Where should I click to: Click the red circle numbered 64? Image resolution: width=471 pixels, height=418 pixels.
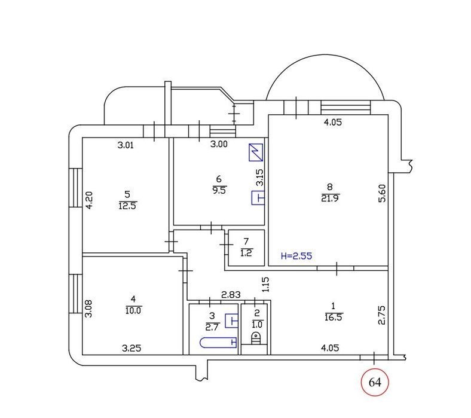pos(375,382)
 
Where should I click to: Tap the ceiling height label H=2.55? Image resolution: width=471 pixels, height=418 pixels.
pos(296,256)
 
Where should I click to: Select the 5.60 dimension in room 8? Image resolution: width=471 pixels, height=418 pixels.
pos(382,193)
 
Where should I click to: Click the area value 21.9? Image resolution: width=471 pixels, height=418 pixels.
pos(330,199)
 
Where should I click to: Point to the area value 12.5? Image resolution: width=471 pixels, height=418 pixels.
pos(128,206)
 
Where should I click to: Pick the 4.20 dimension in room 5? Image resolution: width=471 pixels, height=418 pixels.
pos(89,200)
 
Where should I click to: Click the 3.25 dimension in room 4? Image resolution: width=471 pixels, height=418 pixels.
pos(131,348)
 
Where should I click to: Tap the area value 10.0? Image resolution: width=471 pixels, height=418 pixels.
pos(133,310)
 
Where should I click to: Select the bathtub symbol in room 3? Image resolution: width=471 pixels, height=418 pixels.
pos(218,342)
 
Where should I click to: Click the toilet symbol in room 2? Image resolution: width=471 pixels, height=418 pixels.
pos(256,338)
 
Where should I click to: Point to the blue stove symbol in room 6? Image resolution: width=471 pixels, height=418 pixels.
pos(256,152)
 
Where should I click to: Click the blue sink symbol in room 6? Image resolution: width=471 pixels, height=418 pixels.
pos(258,198)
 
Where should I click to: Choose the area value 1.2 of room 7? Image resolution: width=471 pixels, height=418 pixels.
pos(246,253)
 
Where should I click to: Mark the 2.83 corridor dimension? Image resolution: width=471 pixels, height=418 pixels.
pos(231,295)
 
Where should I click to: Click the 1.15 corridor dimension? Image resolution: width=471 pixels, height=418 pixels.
pos(265,285)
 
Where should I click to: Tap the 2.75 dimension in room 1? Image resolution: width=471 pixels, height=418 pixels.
pos(381,315)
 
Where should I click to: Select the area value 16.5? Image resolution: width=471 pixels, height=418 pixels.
pos(334,318)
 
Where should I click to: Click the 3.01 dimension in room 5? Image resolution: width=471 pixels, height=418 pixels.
pos(126,145)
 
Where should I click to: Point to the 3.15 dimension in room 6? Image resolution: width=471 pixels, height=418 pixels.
pos(259,177)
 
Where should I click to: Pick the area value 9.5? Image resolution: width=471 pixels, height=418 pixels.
pos(219,191)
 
